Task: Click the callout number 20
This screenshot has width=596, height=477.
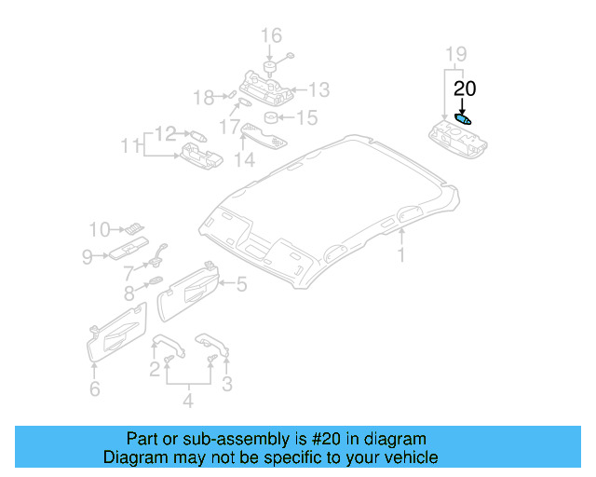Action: [x=465, y=89]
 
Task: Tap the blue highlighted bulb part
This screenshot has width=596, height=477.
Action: [x=464, y=118]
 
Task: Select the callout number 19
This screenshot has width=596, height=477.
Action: [x=454, y=54]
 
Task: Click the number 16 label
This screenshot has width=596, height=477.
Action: [x=270, y=37]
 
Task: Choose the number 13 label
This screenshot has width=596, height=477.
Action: [x=319, y=89]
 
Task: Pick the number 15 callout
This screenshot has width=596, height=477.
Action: [x=307, y=118]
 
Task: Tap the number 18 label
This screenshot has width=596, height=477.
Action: [x=202, y=97]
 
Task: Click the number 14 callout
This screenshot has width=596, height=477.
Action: [x=244, y=160]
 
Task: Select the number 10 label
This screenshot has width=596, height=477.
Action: [x=100, y=228]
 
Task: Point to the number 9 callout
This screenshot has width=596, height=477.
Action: [x=87, y=256]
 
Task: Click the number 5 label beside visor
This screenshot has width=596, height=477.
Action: [x=240, y=285]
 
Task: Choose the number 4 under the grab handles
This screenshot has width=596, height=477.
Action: [x=188, y=402]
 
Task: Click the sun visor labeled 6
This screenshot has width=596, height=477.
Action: [x=117, y=333]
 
